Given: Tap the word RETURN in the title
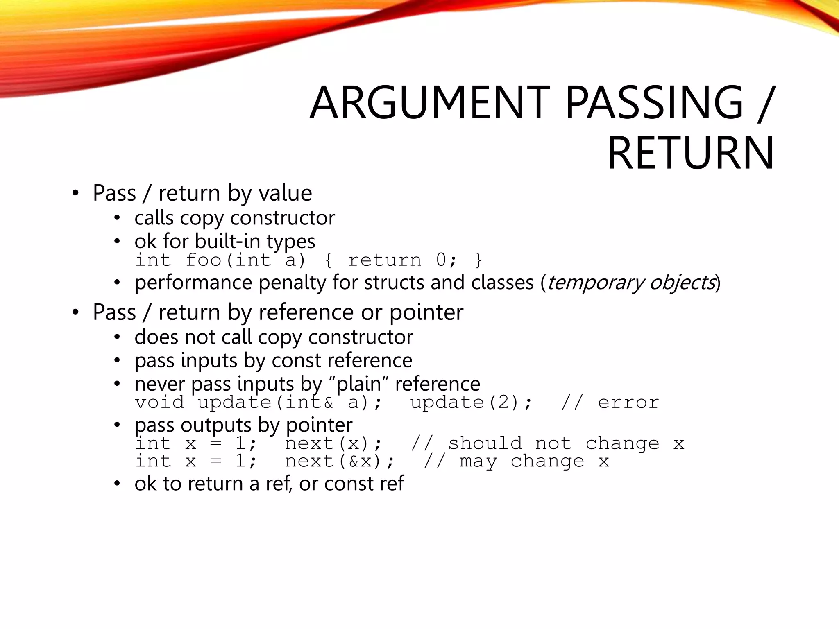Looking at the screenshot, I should pyautogui.click(x=691, y=153).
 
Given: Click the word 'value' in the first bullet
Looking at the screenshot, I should pyautogui.click(x=285, y=193).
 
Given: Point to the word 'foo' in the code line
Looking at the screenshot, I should pyautogui.click(x=203, y=260).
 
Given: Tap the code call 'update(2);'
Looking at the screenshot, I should pyautogui.click(x=471, y=403).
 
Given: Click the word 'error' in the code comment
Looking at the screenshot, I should pyautogui.click(x=628, y=403).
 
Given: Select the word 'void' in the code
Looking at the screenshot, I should pyautogui.click(x=160, y=403).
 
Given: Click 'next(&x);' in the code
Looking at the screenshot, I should pyautogui.click(x=340, y=462).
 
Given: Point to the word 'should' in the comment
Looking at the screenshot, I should pyautogui.click(x=485, y=443).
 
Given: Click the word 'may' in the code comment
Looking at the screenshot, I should pyautogui.click(x=478, y=462).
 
